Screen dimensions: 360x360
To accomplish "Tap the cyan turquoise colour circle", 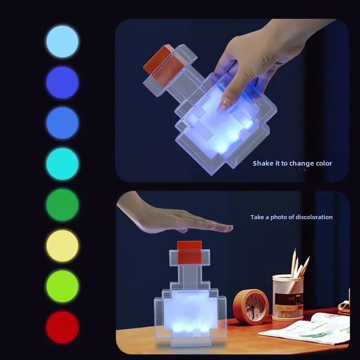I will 62,164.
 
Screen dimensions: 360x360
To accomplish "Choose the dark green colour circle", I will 62,205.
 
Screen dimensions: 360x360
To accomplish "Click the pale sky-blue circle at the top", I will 62,41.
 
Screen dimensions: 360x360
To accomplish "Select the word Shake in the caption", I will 263,163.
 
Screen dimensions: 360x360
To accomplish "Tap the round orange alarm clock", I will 251,307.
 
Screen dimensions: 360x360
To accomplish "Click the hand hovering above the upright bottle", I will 180,218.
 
